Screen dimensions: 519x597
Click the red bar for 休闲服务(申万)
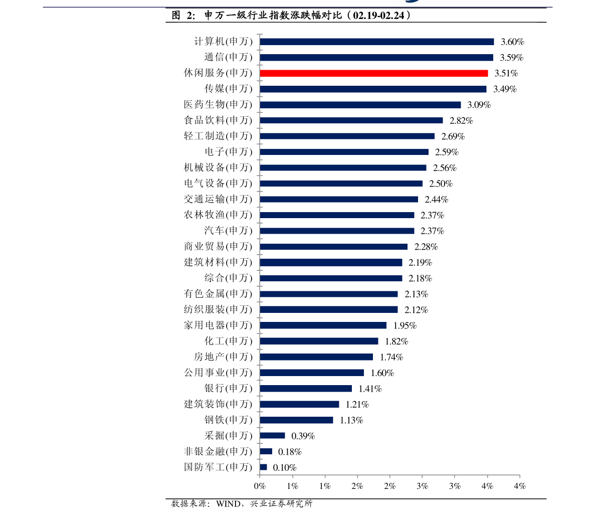[x=374, y=73]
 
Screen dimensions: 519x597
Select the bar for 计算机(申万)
[x=377, y=42]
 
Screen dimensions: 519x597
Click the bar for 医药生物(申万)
[x=360, y=105]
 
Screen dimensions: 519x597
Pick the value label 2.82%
[x=461, y=121]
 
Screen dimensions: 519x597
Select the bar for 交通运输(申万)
[x=339, y=199]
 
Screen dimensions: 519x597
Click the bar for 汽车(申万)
[x=337, y=231]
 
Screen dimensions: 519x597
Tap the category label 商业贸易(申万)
[x=218, y=247]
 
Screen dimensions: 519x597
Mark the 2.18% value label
[x=420, y=278]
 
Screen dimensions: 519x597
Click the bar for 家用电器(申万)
[x=323, y=325]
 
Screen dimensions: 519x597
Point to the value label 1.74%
[x=391, y=358]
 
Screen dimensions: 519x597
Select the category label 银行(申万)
[x=228, y=389]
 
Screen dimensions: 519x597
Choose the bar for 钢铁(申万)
[x=297, y=420]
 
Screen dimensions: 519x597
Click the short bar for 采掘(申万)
[x=272, y=436]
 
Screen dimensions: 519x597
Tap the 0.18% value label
[x=290, y=452]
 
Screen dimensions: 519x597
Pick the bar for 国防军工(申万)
[x=264, y=467]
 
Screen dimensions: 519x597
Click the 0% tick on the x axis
[x=260, y=486]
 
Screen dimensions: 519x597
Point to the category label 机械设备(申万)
[x=218, y=168]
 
